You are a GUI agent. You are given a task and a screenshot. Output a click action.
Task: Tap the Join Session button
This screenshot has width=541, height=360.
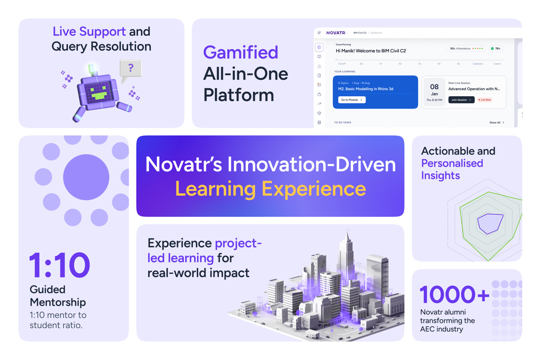point(461,100)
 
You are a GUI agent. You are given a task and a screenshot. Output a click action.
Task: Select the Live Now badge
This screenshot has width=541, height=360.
point(485,100)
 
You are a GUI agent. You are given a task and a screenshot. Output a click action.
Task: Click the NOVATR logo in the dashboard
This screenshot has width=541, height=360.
point(336,33)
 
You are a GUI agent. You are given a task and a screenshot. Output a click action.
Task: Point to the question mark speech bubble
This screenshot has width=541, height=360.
point(131,68)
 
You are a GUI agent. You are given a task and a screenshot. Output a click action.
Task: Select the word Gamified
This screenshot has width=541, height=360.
point(240,52)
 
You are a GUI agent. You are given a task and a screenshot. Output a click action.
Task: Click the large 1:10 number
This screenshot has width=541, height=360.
point(60,265)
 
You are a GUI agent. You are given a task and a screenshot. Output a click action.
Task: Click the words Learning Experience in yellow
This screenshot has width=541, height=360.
point(270,189)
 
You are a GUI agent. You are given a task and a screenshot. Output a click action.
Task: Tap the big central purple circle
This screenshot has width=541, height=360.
point(86,177)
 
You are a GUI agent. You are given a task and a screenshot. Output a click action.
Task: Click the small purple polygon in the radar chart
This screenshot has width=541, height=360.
point(490,223)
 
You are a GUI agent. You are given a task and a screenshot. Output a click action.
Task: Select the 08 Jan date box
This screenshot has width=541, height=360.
point(434,92)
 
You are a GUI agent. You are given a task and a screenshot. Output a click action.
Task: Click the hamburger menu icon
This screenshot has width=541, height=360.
point(319,33)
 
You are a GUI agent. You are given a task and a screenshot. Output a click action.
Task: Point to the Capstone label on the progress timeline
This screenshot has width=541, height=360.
point(477,64)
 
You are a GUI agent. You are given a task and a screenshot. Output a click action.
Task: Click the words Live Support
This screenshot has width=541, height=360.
point(89,31)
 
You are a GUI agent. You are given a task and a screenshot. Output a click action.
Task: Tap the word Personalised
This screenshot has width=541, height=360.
point(452,163)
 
